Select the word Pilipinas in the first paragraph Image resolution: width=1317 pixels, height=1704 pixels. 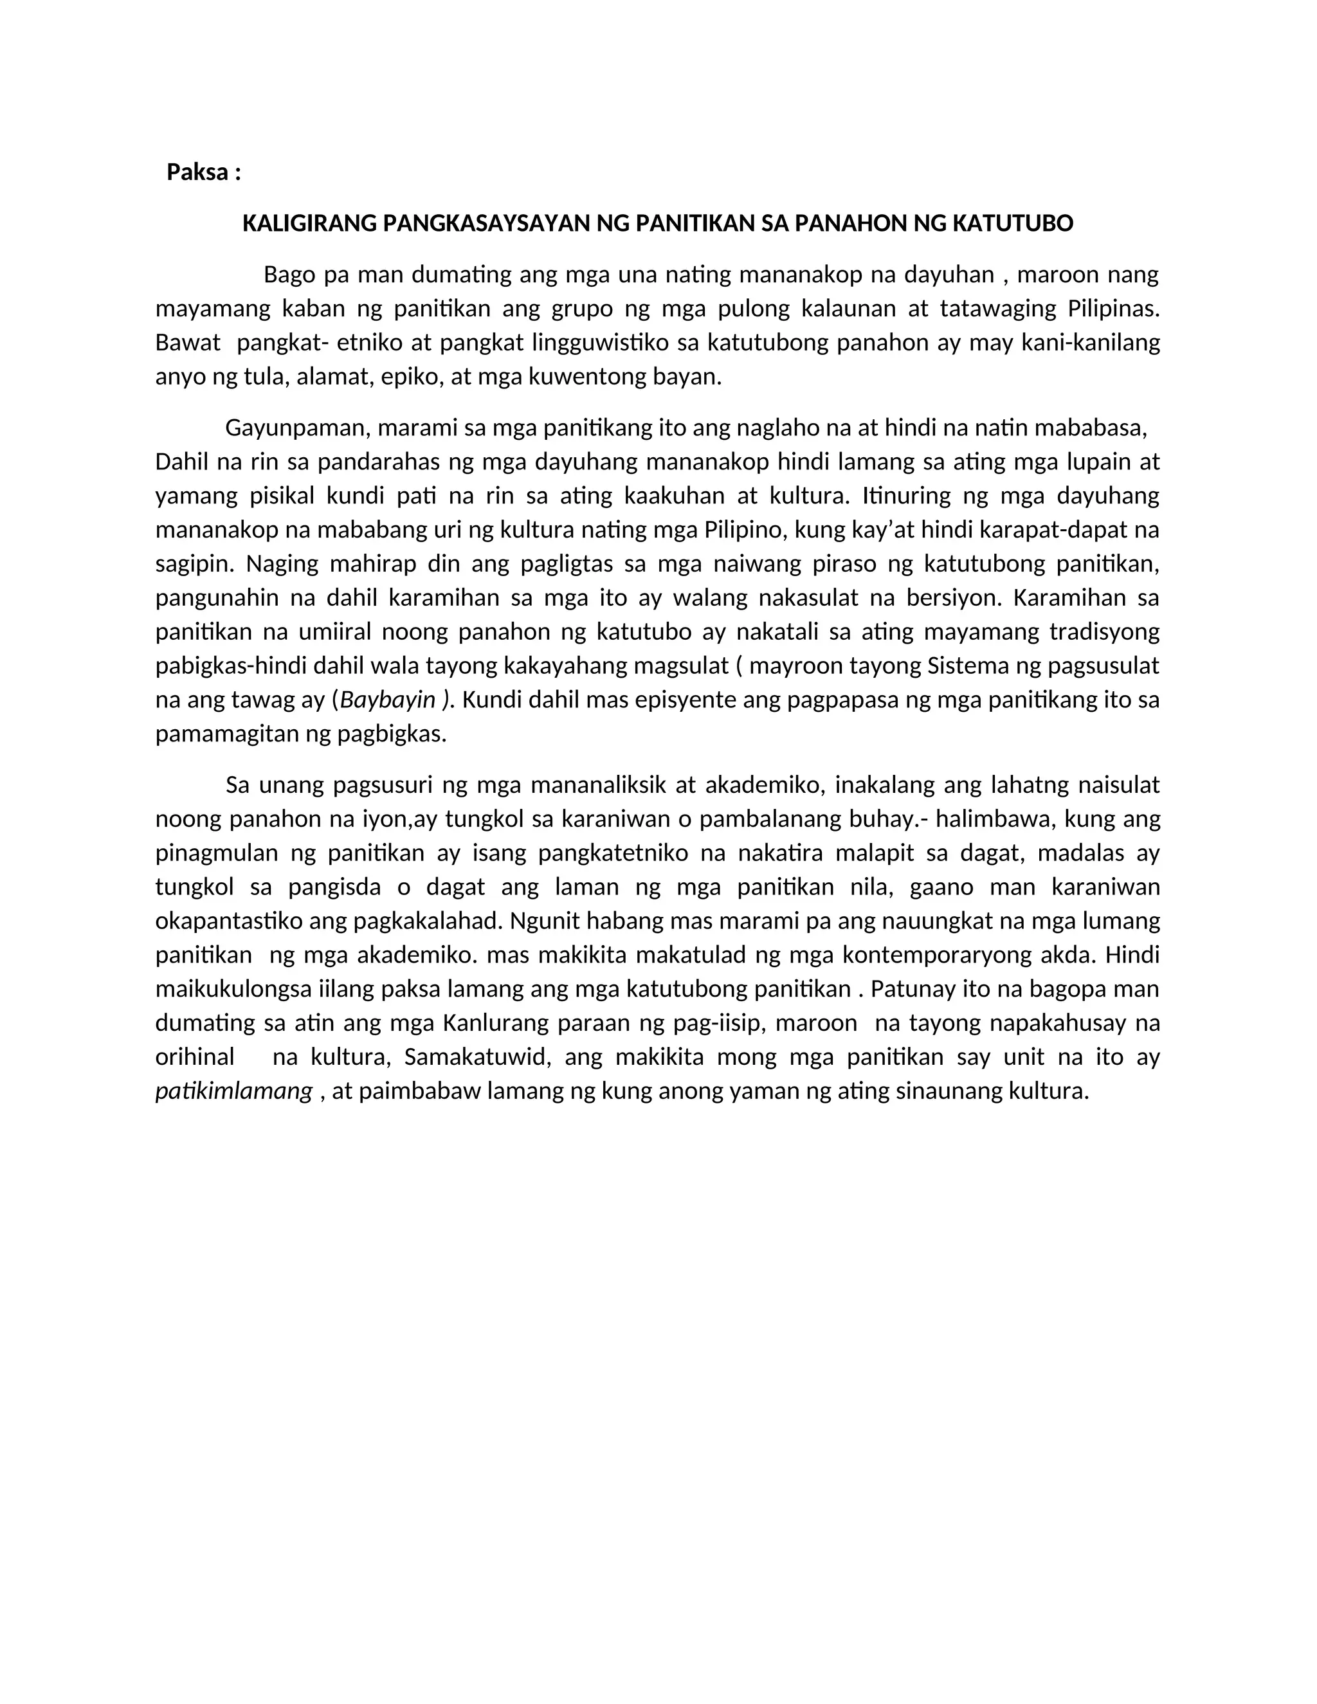pos(1113,309)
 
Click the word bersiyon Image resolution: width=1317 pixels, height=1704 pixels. pos(950,599)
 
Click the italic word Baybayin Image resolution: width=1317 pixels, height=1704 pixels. pos(388,700)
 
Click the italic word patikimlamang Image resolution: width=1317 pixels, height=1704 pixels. pos(234,1091)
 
